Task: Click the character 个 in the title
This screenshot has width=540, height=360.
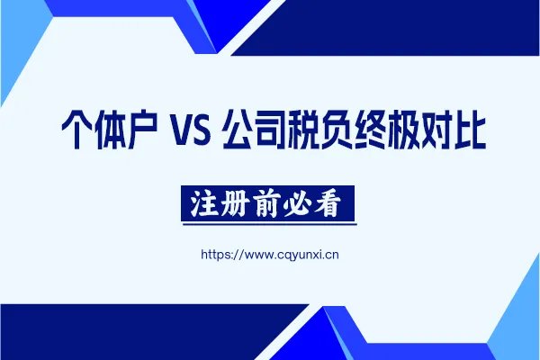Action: (x=77, y=129)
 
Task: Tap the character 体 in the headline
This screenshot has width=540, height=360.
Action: (x=112, y=129)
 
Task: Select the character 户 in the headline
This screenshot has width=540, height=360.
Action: (x=142, y=129)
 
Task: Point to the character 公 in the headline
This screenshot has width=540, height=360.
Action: (x=238, y=129)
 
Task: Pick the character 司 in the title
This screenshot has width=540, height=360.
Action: (x=271, y=129)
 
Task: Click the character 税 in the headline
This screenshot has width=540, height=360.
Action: (x=304, y=129)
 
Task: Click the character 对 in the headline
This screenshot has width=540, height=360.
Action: (x=436, y=129)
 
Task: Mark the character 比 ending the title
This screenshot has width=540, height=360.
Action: (x=470, y=129)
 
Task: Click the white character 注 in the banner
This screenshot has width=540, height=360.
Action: (x=205, y=203)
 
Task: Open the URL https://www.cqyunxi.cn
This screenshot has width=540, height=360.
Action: (x=270, y=255)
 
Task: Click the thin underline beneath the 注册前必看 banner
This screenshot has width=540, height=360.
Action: (x=270, y=224)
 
